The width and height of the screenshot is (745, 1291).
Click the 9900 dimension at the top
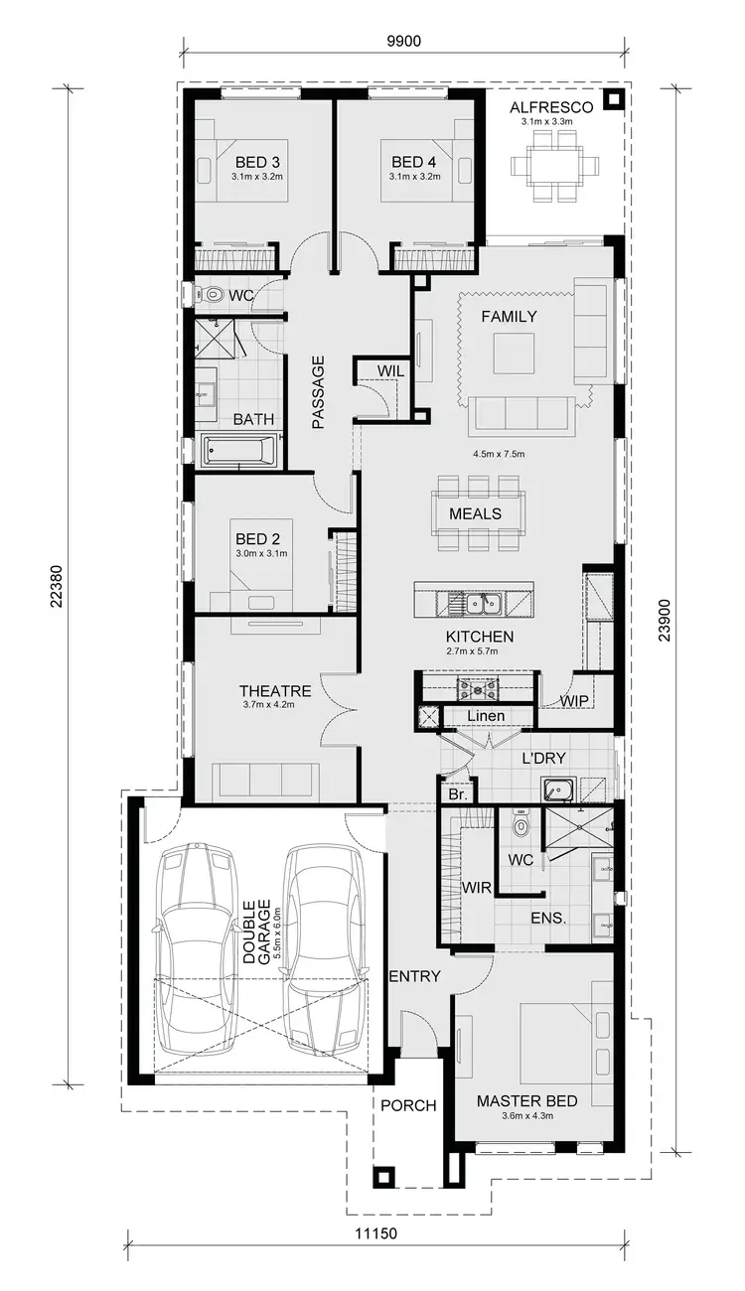(403, 41)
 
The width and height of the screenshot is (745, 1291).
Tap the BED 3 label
(257, 162)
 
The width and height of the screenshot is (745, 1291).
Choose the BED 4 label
(413, 162)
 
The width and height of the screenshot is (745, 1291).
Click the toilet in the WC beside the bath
(210, 294)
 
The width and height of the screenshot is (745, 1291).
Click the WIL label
(388, 370)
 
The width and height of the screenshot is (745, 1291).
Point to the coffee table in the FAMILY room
(514, 352)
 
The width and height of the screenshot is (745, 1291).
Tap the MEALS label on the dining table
(475, 513)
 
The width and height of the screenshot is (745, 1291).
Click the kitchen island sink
(476, 603)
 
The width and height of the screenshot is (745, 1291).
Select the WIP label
(574, 701)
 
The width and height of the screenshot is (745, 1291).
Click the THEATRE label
(275, 691)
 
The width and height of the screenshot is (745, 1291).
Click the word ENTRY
(413, 976)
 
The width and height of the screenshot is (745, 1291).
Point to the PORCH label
(408, 1105)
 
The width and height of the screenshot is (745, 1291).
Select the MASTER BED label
(526, 1101)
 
